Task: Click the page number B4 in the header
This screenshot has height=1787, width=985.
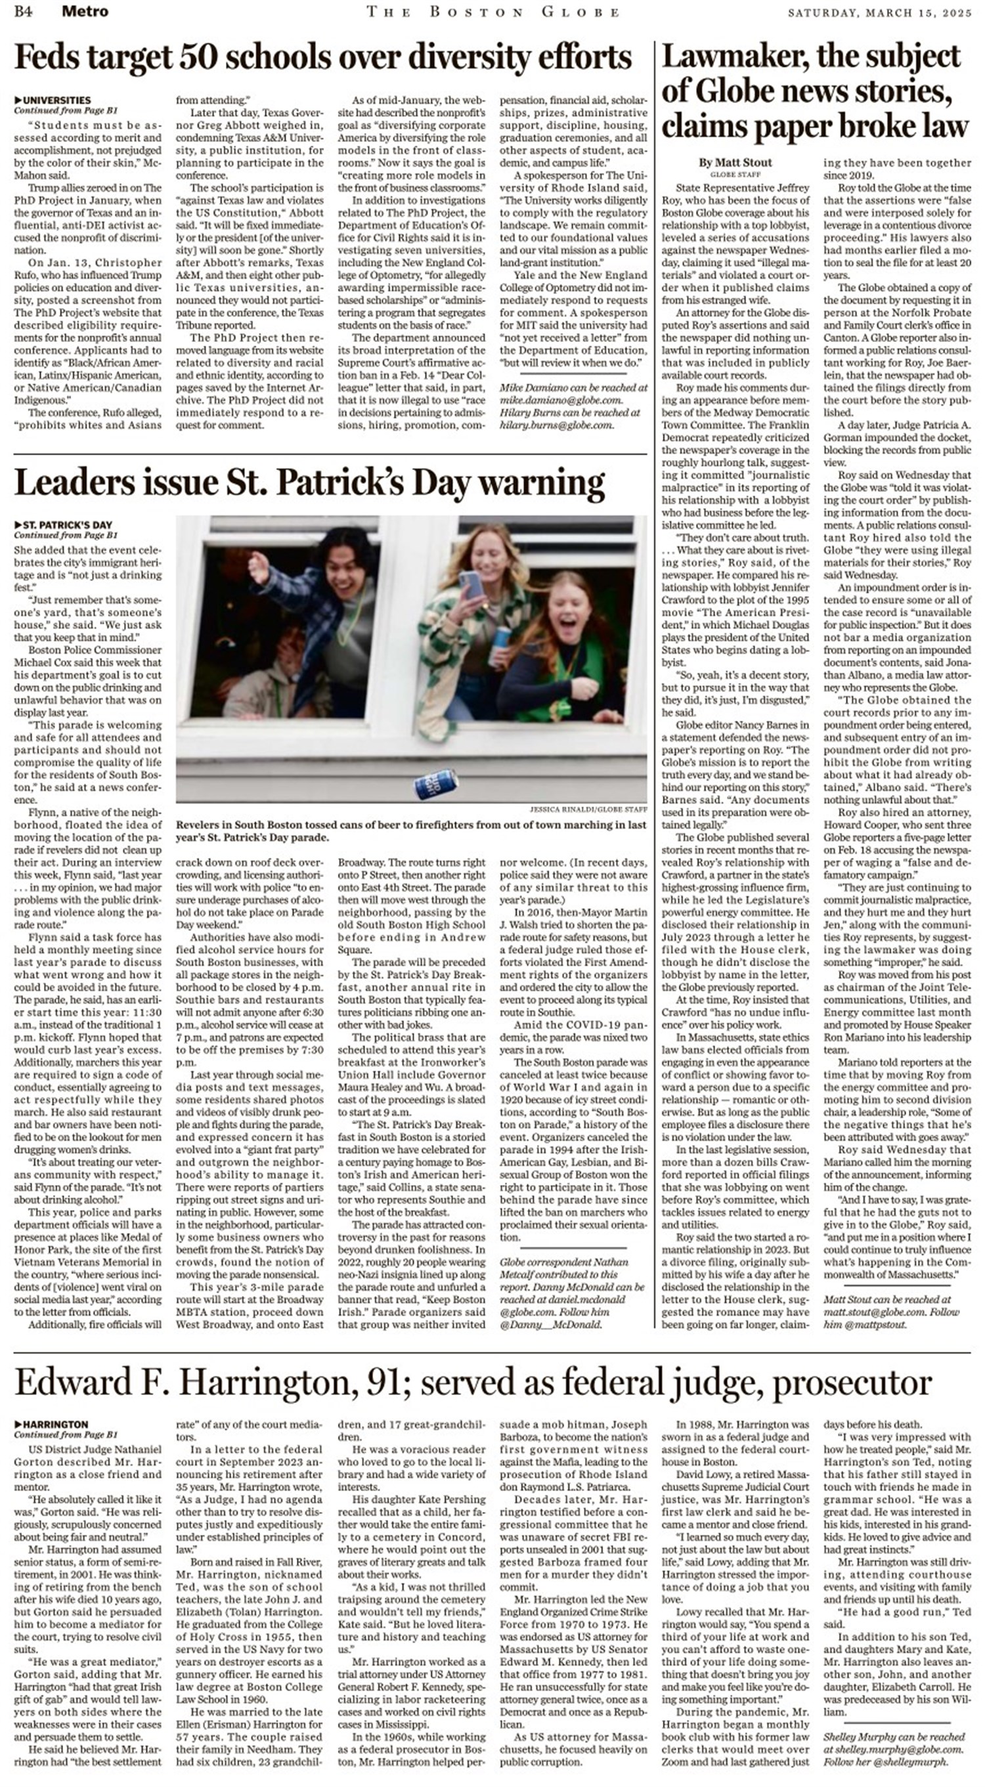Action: tap(24, 11)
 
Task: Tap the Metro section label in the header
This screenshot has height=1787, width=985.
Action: tap(85, 11)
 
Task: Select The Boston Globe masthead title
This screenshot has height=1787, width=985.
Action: tap(492, 12)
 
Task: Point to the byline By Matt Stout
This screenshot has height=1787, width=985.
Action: tap(735, 162)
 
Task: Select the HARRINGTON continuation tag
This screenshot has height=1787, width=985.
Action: tap(55, 1424)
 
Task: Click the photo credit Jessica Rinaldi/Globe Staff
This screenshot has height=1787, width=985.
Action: tap(588, 809)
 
